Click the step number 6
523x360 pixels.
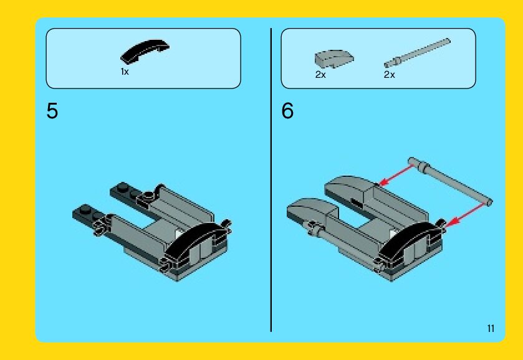pos(287,111)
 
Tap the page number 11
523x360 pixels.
pos(491,328)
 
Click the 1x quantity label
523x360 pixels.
pos(125,72)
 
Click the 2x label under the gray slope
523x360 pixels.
pos(320,75)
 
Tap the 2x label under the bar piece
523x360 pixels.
pos(389,75)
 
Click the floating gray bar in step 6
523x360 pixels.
pos(449,182)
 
